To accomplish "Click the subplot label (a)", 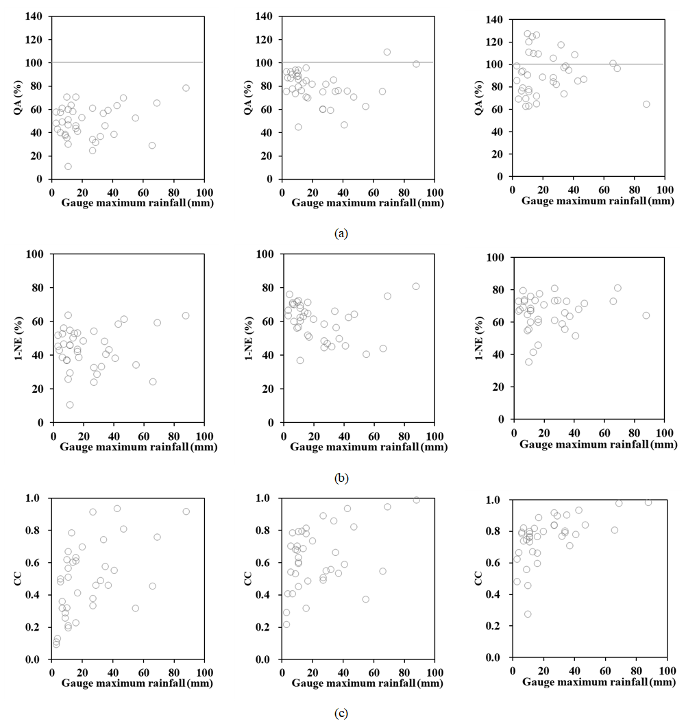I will click(341, 233).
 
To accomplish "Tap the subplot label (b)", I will click(341, 478).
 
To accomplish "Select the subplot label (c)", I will click(341, 714).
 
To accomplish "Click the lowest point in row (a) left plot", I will click(68, 167).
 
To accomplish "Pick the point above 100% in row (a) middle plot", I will click(387, 52).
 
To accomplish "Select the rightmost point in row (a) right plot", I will click(646, 104).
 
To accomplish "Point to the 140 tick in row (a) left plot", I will click(37, 16).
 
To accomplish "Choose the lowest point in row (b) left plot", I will click(70, 404).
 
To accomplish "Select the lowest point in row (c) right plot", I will click(528, 614).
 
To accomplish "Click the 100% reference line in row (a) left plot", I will click(127, 62).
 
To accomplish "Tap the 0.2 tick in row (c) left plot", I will click(38, 627).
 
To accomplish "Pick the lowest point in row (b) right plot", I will click(528, 362).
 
